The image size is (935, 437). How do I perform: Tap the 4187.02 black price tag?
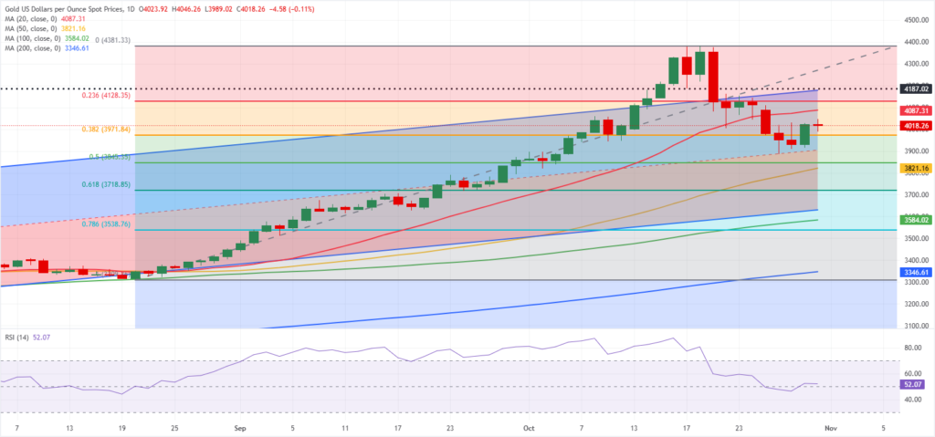coord(915,89)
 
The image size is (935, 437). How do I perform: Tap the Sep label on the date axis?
coord(239,426)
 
